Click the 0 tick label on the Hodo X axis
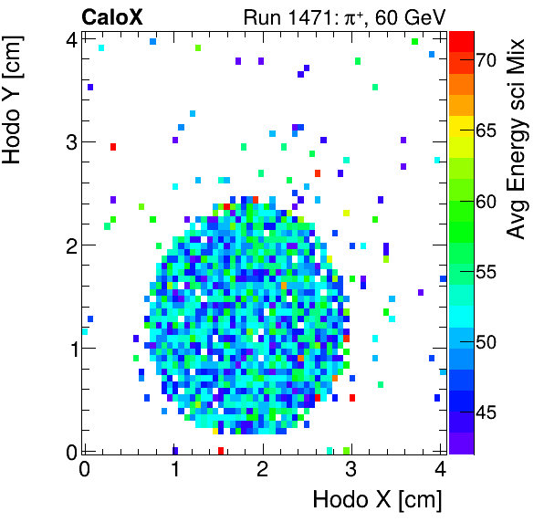point(84,469)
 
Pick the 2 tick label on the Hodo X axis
point(262,469)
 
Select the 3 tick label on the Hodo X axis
point(351,469)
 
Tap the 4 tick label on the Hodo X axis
point(440,469)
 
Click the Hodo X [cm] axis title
point(377,500)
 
